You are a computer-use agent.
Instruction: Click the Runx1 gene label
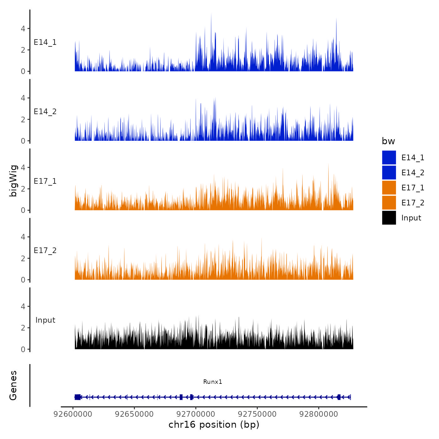(x=213, y=382)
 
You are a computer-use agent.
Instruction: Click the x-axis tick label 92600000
(x=73, y=414)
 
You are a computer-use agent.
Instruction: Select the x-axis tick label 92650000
(x=135, y=414)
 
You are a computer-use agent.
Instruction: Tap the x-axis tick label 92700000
(x=196, y=414)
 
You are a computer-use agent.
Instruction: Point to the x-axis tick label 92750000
(x=257, y=414)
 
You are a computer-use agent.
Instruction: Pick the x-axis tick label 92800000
(x=319, y=414)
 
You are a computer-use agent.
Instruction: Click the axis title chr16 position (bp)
(x=214, y=425)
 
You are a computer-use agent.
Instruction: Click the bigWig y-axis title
(x=13, y=181)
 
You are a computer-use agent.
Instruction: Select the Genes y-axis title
(x=13, y=385)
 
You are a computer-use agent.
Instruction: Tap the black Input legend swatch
(x=389, y=218)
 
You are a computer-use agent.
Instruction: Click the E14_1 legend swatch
(x=389, y=158)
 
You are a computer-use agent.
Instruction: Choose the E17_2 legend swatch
(x=389, y=203)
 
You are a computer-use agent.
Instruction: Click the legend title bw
(x=388, y=141)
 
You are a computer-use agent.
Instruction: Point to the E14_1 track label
(x=45, y=42)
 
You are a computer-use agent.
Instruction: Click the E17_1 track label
(x=45, y=181)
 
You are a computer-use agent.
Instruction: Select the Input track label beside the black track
(x=45, y=320)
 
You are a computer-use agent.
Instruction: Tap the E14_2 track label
(x=45, y=112)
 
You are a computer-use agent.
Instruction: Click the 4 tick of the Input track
(x=23, y=306)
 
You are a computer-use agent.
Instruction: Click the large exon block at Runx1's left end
(x=77, y=397)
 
